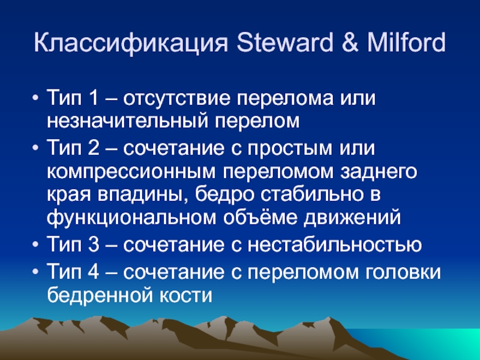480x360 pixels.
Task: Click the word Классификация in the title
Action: click(131, 43)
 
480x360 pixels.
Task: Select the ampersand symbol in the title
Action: click(350, 42)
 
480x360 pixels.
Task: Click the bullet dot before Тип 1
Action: click(35, 99)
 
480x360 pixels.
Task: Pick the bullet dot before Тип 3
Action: click(35, 245)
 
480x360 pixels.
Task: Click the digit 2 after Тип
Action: click(94, 148)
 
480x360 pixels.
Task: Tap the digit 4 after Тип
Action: click(94, 271)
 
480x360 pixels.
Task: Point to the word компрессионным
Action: click(131, 172)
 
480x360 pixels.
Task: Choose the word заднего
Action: click(379, 172)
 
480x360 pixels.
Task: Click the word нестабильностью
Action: click(335, 245)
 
